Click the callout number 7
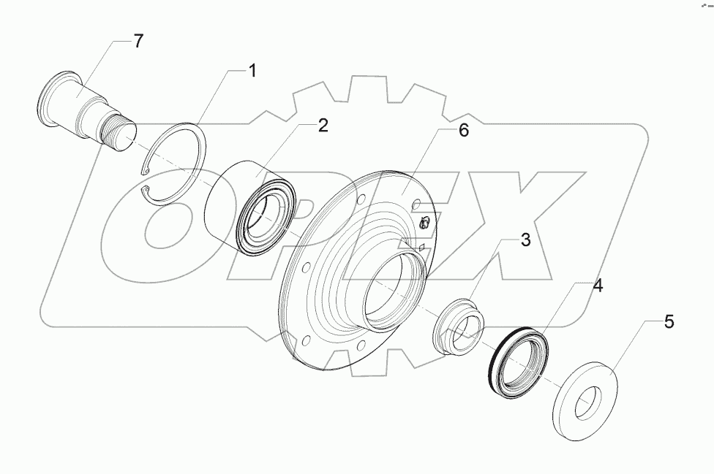pos(138,42)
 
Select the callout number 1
pos(252,71)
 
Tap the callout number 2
pos(323,125)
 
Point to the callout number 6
pos(464,131)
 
